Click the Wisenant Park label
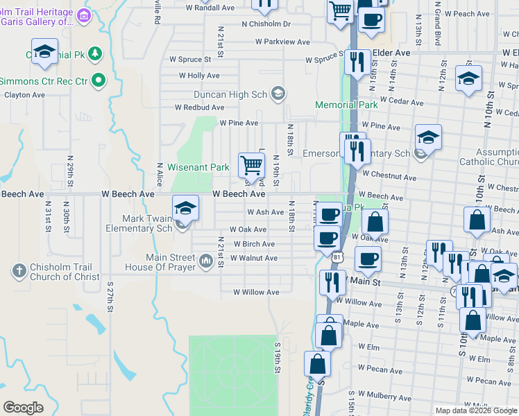click(x=198, y=167)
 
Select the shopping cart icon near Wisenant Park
click(x=251, y=165)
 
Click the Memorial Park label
click(x=346, y=105)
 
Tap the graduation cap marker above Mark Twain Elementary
click(x=185, y=207)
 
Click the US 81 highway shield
click(x=337, y=257)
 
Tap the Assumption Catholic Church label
click(x=488, y=157)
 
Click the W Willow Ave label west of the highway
click(x=256, y=293)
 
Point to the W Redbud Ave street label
click(x=200, y=107)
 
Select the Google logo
click(x=24, y=407)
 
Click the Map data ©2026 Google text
click(x=475, y=410)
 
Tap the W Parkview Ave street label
click(x=282, y=42)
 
